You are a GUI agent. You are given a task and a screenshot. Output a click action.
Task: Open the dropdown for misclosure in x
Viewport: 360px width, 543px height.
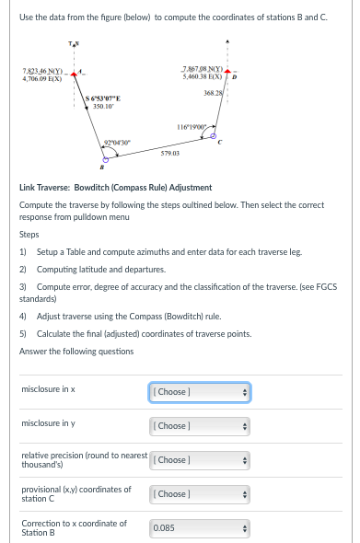click(199, 392)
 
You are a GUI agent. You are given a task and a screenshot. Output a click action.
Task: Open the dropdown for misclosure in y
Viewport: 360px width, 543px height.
click(199, 426)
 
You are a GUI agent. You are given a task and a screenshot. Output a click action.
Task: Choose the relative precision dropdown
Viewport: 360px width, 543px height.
click(199, 459)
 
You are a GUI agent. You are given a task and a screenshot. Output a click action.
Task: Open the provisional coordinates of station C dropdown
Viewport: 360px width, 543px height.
click(199, 494)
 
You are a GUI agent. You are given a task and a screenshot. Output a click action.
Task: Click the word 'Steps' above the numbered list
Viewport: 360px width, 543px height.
click(28, 235)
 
